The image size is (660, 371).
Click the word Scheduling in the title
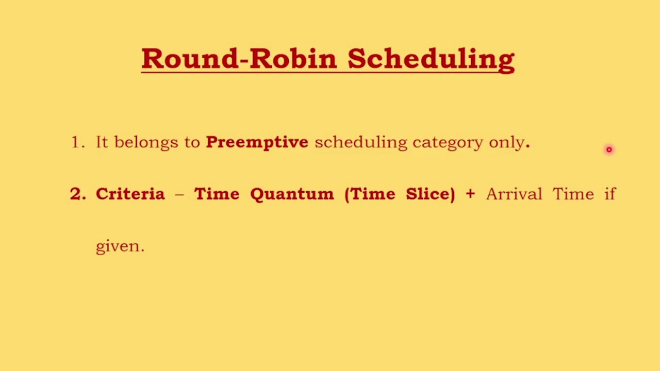click(x=431, y=59)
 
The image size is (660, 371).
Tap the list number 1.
click(x=77, y=142)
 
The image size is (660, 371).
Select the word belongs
click(x=146, y=143)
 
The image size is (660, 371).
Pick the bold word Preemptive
click(x=257, y=143)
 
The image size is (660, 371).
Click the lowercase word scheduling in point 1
click(x=360, y=143)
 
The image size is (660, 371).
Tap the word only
click(x=506, y=143)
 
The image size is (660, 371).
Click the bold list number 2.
click(x=77, y=194)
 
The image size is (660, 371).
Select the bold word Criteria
click(x=130, y=194)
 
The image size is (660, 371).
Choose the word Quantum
click(x=292, y=194)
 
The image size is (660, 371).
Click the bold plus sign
click(x=470, y=194)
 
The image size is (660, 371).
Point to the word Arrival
click(x=514, y=194)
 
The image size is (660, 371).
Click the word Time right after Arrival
click(x=573, y=194)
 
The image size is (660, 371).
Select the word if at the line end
click(x=610, y=194)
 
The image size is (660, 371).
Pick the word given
click(x=120, y=246)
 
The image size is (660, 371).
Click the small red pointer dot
click(x=609, y=149)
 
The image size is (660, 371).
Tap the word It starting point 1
click(x=102, y=142)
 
